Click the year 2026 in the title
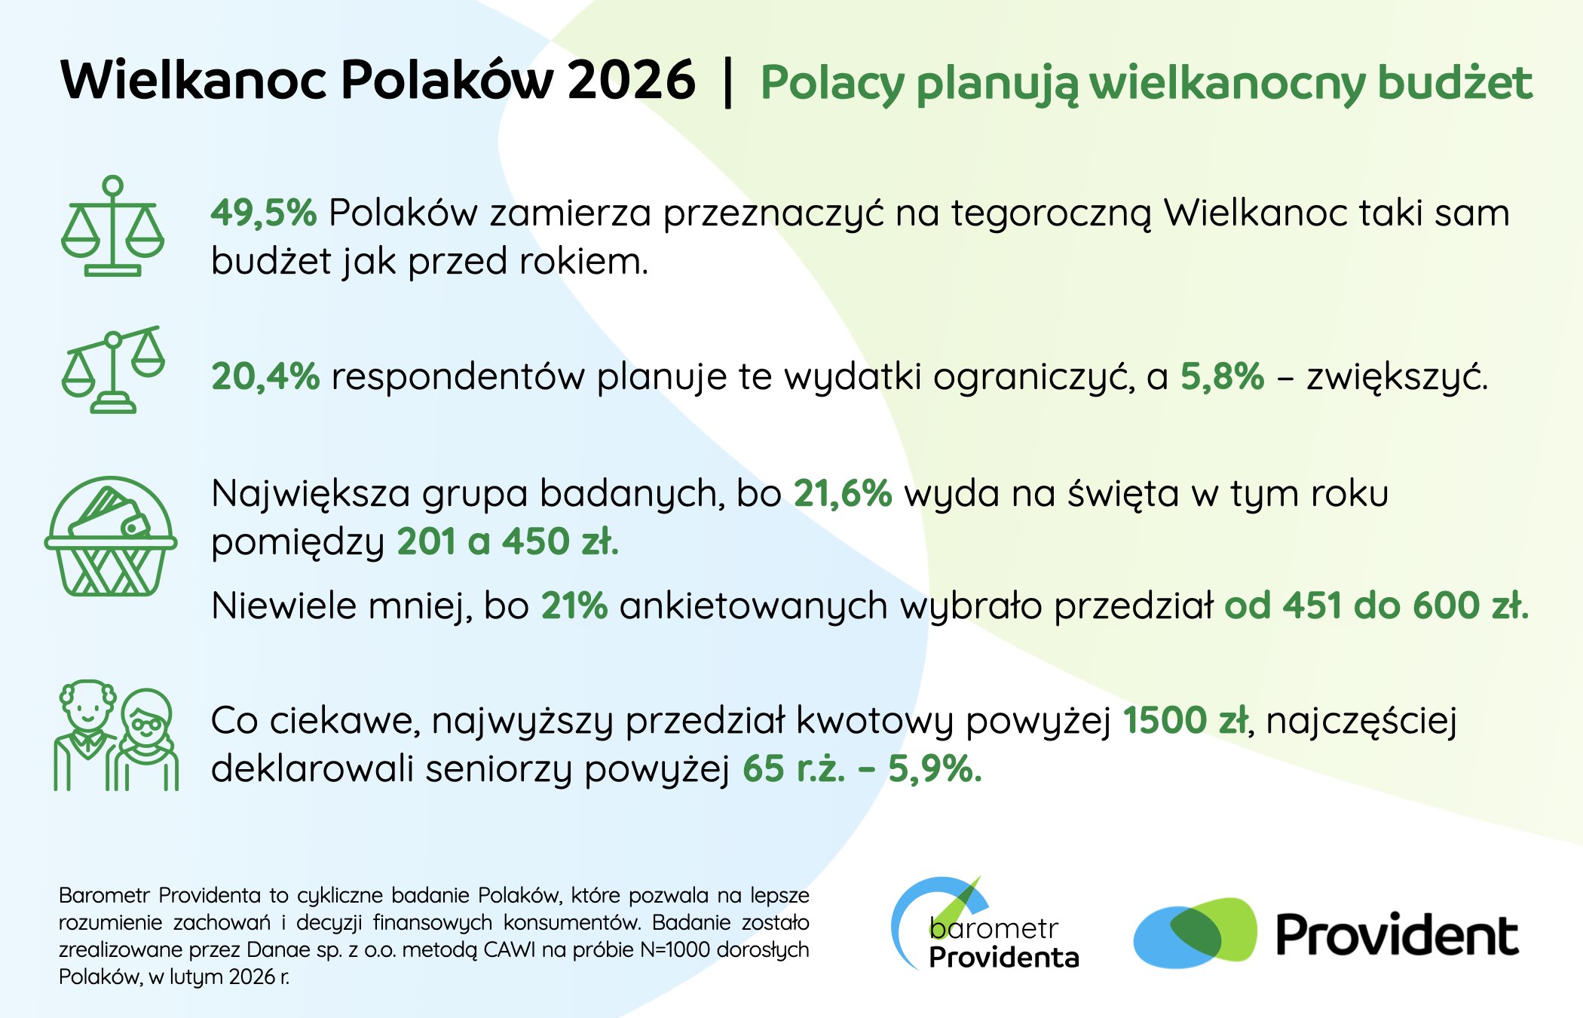(x=631, y=80)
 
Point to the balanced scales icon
(x=112, y=226)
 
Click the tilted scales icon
(x=113, y=369)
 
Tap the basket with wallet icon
(x=111, y=536)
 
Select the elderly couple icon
(x=116, y=735)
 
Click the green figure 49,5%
(x=264, y=213)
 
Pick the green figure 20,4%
(x=265, y=376)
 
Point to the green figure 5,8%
(x=1222, y=376)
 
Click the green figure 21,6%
(x=843, y=494)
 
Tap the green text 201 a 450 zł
(x=508, y=541)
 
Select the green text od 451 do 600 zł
(x=1376, y=606)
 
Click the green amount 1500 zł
(x=1186, y=720)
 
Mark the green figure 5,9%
(x=935, y=769)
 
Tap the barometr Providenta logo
(x=985, y=924)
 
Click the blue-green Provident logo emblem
(x=1195, y=933)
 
